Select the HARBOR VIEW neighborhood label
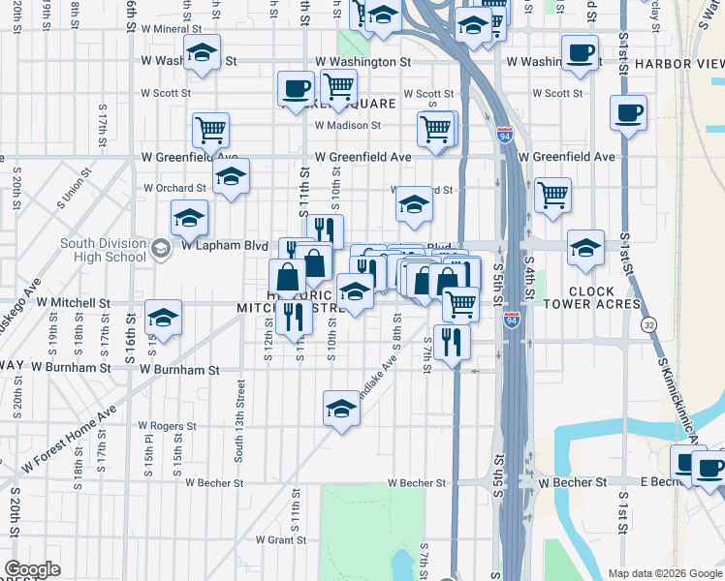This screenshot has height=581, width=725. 678,64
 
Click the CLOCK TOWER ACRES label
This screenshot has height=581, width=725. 605,297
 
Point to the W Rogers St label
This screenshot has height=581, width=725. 169,425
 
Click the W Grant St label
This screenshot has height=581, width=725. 280,539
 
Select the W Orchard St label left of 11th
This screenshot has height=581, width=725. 175,188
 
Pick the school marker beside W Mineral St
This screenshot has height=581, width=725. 203,52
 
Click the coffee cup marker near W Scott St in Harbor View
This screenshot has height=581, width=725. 628,112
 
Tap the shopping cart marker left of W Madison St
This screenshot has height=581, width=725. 210,128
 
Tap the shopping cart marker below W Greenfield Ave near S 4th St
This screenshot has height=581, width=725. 552,194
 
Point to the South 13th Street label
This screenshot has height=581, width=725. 240,407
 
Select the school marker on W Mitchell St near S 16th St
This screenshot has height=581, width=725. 163,317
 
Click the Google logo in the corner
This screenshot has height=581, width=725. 32,569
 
